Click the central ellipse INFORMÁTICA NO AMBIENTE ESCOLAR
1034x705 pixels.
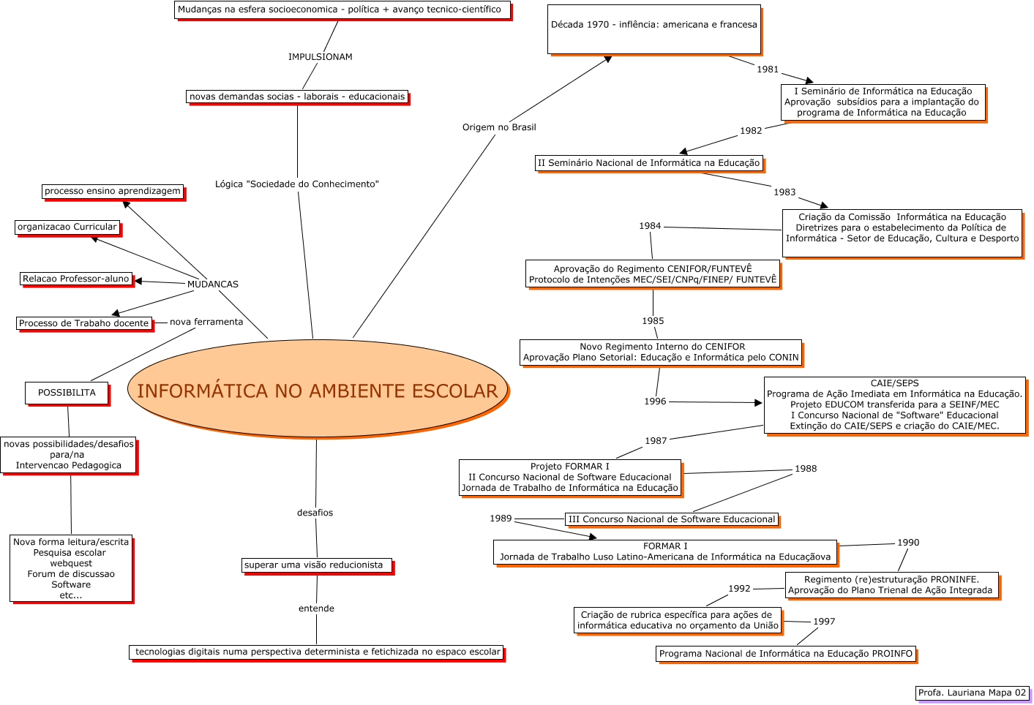(318, 389)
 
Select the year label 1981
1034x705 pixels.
(768, 69)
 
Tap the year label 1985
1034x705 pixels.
(653, 321)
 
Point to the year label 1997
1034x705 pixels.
(824, 622)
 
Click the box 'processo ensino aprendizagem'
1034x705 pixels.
(113, 192)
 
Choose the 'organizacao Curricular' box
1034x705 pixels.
(67, 227)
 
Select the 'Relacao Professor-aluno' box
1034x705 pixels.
(76, 279)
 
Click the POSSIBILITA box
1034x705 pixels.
(67, 393)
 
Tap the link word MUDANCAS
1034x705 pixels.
(213, 284)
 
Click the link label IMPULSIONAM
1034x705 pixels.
(321, 57)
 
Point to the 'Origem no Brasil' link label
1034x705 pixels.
(499, 127)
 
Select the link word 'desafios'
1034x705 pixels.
(315, 513)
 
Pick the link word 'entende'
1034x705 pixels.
(316, 608)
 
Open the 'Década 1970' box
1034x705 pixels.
(654, 29)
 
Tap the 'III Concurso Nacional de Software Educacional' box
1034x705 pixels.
(672, 519)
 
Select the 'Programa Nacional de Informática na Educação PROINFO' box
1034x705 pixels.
(786, 654)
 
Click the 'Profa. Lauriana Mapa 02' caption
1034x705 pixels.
(972, 693)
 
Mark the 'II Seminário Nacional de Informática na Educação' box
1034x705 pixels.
(649, 163)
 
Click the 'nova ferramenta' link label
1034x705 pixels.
(206, 322)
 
